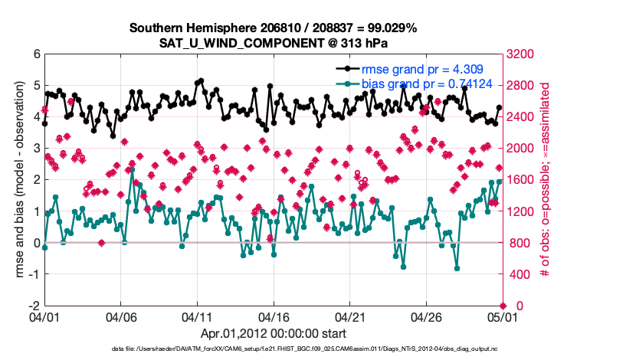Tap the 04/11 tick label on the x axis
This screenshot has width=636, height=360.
[197, 316]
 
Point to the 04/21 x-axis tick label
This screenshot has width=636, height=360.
[349, 316]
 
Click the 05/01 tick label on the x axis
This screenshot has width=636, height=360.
[502, 316]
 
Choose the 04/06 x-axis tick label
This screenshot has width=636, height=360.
[121, 316]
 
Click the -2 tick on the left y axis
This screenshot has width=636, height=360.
[34, 306]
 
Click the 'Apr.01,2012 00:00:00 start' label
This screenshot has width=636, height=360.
[273, 334]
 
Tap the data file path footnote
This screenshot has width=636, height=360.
[305, 349]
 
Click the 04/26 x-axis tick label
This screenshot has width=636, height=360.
[426, 316]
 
